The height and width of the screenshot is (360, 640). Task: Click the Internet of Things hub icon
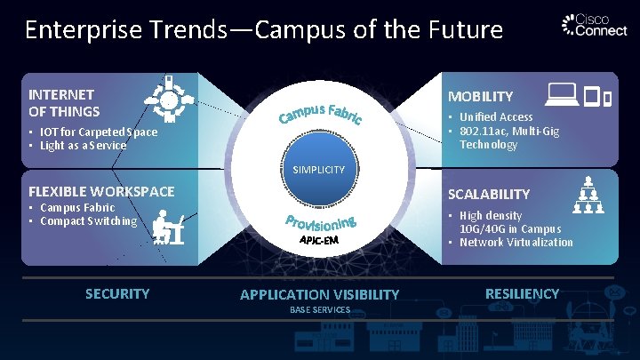click(169, 97)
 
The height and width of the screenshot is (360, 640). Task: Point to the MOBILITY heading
click(480, 96)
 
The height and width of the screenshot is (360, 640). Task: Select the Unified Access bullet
click(494, 116)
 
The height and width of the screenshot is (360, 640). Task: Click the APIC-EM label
click(319, 240)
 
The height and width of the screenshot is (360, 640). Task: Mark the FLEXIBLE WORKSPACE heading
click(101, 191)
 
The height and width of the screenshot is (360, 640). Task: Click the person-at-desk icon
click(168, 226)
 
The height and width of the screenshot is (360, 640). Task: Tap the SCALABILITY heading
click(489, 194)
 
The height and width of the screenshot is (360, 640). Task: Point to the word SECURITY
click(116, 293)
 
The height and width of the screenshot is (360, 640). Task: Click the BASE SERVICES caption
click(319, 309)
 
